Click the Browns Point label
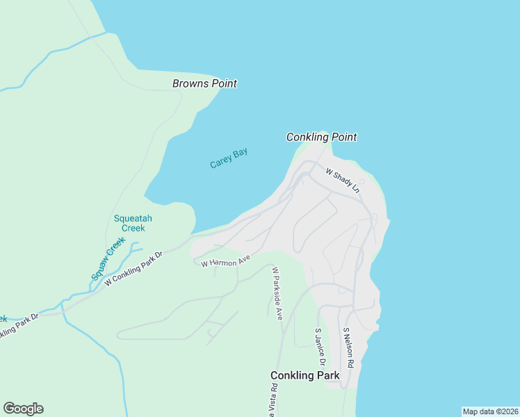(x=204, y=83)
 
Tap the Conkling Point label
(x=321, y=137)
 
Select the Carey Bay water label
(x=229, y=158)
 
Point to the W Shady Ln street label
(x=343, y=179)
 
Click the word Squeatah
(x=133, y=218)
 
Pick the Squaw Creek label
(x=108, y=259)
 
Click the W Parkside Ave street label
(x=277, y=293)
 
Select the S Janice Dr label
(x=320, y=347)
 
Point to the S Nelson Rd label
(x=348, y=348)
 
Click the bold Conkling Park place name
(x=304, y=376)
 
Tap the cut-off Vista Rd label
(x=275, y=401)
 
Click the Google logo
(x=23, y=409)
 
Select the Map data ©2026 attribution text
(x=491, y=411)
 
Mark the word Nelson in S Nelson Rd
(x=348, y=345)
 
